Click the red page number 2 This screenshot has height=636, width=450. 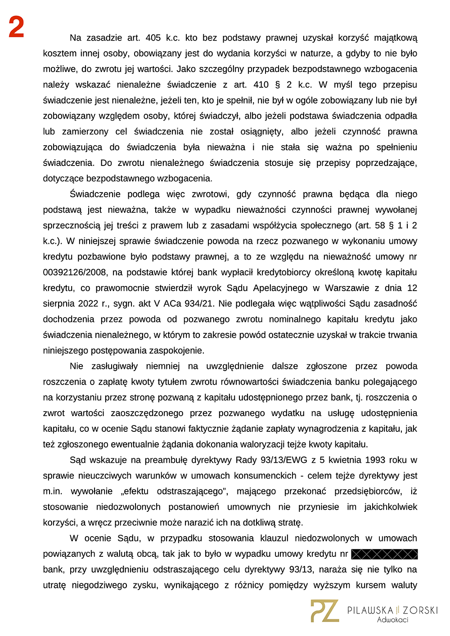pos(16,27)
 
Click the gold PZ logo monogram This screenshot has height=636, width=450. pos(324,610)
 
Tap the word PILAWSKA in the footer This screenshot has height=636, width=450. pos(370,610)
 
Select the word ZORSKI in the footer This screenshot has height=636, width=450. pos(420,610)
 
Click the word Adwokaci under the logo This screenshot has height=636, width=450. pos(392,620)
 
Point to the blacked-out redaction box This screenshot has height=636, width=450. pos(384,554)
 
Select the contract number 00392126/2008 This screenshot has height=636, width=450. pos(75,272)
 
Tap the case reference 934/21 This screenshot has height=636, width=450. pos(199,304)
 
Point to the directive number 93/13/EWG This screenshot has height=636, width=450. pos(282,460)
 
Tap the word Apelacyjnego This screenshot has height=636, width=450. pos(280,288)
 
